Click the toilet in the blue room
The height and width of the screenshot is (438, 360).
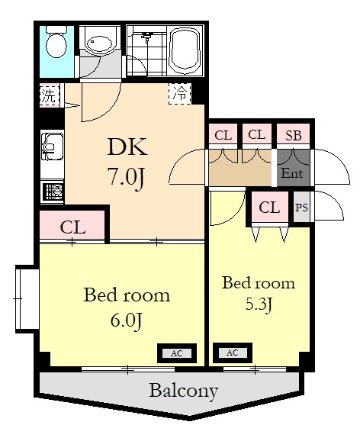coord(56,42)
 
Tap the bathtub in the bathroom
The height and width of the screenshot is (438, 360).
coord(185,50)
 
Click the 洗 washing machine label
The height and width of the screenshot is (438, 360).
coord(49,95)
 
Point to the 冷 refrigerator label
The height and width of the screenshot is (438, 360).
coord(179,94)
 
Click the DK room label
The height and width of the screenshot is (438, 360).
coord(127,147)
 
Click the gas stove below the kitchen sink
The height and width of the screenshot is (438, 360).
coord(52,192)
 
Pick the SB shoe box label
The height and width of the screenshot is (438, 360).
coord(293,136)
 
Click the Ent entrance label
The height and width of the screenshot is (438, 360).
coord(291,173)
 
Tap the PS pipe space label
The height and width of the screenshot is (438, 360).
coord(301,208)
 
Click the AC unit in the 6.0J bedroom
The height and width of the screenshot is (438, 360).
coord(177,353)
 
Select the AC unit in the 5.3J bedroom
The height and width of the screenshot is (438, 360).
coord(233,353)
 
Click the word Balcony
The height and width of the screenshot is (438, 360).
coord(184,391)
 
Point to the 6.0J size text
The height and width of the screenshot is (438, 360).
coord(127,321)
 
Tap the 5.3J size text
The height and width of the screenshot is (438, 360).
coord(259,304)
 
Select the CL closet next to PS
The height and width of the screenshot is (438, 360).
coord(269,208)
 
